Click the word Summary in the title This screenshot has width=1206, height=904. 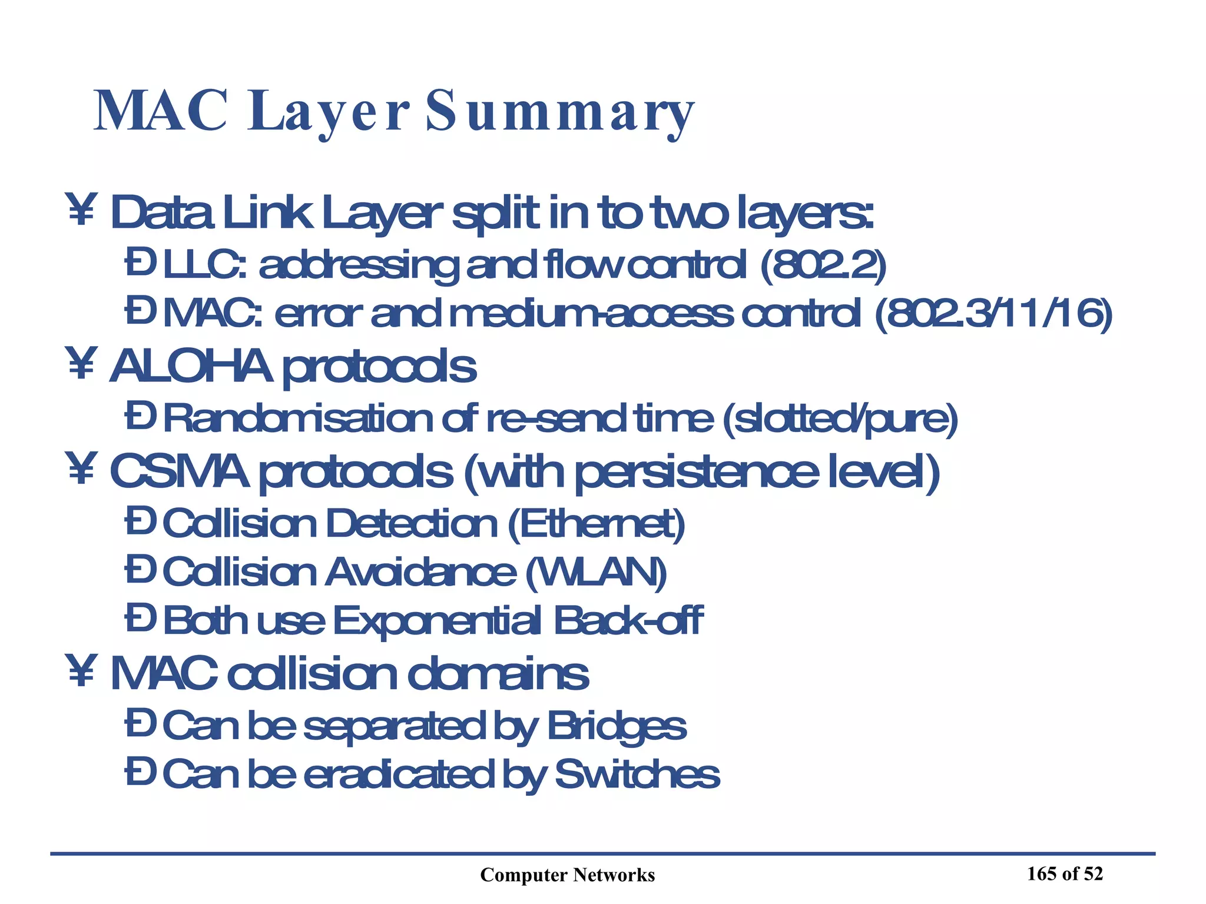pyautogui.click(x=559, y=112)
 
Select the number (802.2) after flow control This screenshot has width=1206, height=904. pyautogui.click(x=823, y=265)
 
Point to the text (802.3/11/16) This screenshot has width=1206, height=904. pyautogui.click(x=993, y=314)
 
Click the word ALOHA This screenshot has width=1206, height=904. pyautogui.click(x=191, y=366)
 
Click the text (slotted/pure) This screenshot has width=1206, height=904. pyautogui.click(x=839, y=419)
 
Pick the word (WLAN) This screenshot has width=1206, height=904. pyautogui.click(x=595, y=572)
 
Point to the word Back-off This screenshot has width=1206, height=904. pyautogui.click(x=628, y=621)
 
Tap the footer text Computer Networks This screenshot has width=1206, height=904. pyautogui.click(x=567, y=875)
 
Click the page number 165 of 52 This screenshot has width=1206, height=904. pyautogui.click(x=1065, y=874)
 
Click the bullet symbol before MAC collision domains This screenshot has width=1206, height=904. pyautogui.click(x=81, y=673)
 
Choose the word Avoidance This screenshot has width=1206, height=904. pyautogui.click(x=420, y=572)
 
